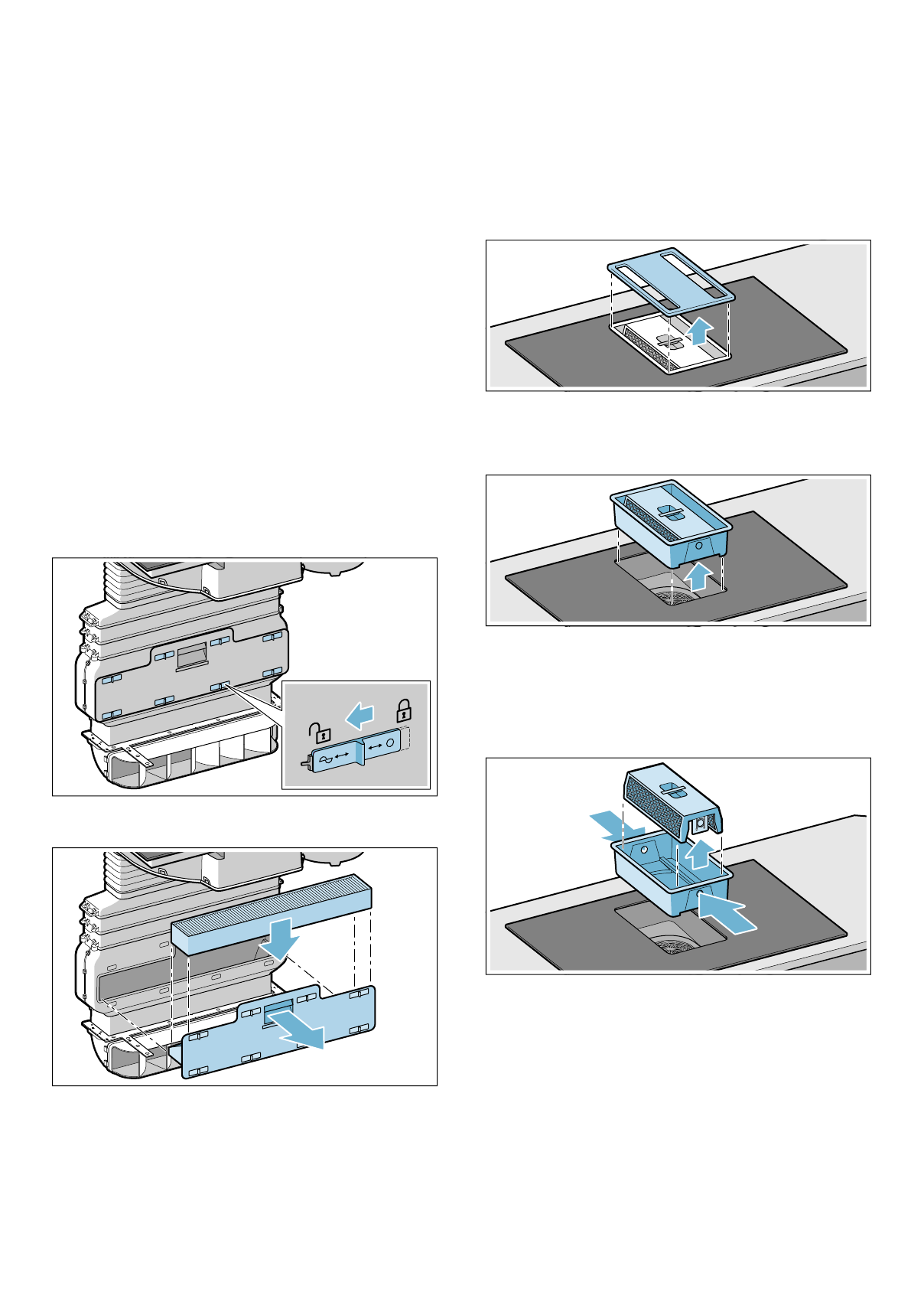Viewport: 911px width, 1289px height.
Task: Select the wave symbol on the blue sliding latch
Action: [325, 759]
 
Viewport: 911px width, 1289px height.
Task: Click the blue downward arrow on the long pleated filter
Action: [278, 938]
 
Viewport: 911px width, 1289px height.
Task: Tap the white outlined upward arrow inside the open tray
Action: [697, 853]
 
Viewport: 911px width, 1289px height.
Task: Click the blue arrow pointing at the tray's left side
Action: [617, 826]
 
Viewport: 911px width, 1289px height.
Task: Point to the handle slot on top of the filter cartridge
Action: [671, 788]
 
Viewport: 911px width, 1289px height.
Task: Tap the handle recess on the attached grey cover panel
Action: [190, 655]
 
